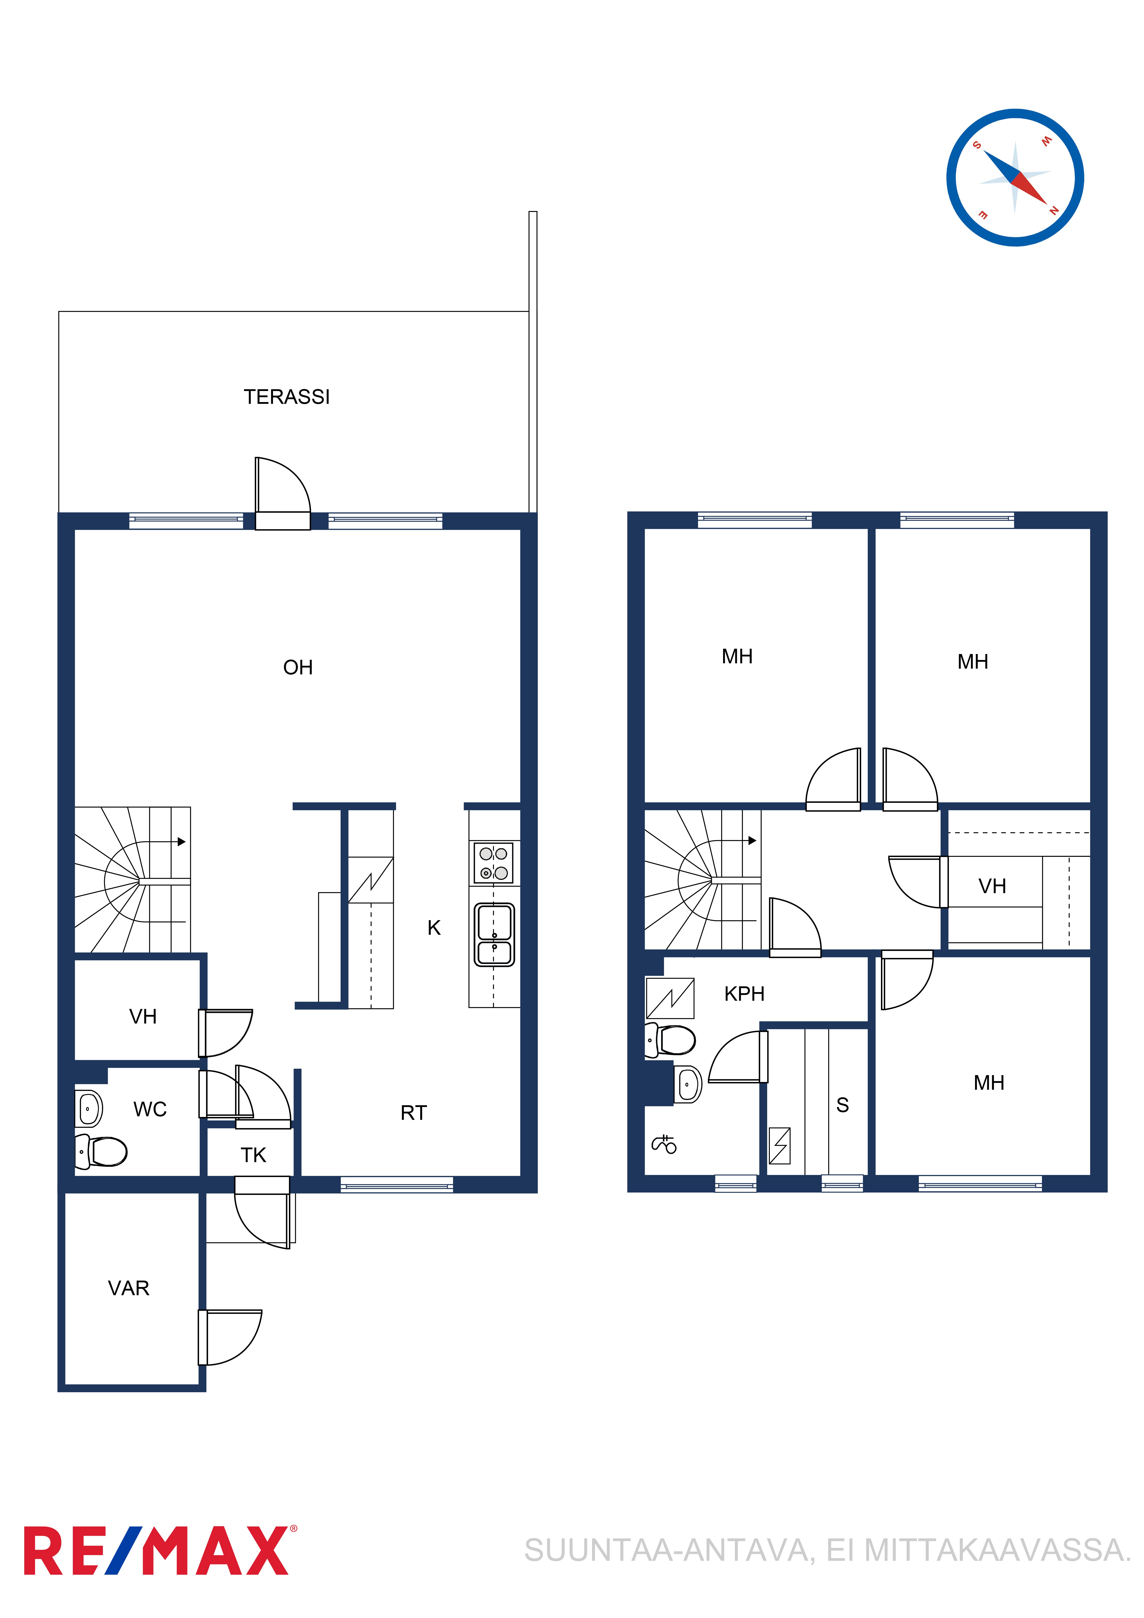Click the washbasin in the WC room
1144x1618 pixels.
click(89, 1109)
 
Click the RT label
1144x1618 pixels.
click(414, 1113)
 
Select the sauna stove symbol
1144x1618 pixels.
click(780, 1146)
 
